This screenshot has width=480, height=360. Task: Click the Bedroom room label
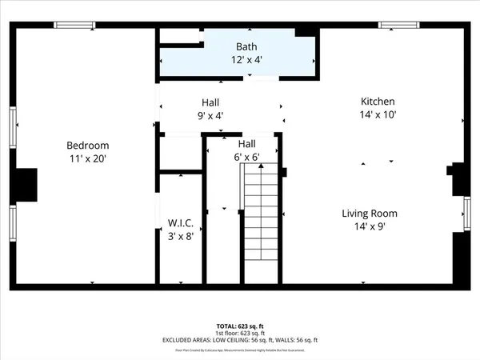(x=87, y=146)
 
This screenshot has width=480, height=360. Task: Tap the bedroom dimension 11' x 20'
(x=87, y=159)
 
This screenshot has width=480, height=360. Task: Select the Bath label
(x=246, y=47)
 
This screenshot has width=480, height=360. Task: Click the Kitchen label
(x=378, y=102)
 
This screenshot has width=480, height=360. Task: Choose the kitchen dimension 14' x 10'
(x=378, y=114)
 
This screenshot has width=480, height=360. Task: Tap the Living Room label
(x=370, y=214)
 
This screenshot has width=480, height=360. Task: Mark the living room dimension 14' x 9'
(x=370, y=226)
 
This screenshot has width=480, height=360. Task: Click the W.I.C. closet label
(x=180, y=222)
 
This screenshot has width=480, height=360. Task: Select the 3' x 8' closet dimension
(x=180, y=235)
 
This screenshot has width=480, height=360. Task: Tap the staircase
(x=260, y=224)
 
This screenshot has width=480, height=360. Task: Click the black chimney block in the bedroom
(x=26, y=184)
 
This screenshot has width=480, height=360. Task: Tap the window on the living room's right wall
(x=466, y=214)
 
